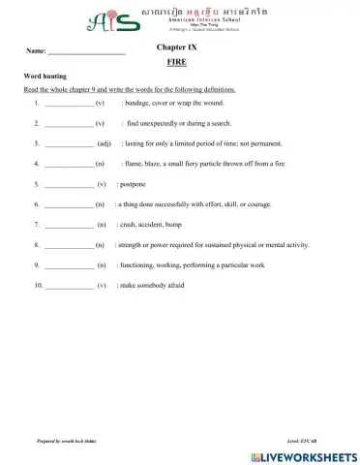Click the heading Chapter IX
click(x=175, y=46)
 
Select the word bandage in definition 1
click(x=141, y=102)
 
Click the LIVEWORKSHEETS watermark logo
click(x=298, y=455)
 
